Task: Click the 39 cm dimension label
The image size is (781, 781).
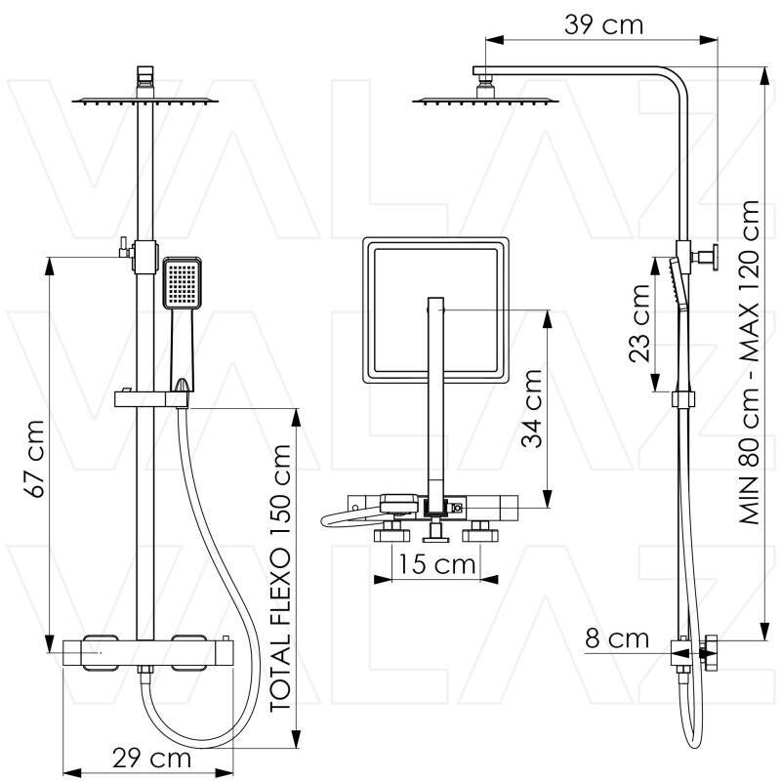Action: tap(603, 25)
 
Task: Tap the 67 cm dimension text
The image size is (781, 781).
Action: tap(36, 459)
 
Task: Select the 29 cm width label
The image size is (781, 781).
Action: tap(152, 759)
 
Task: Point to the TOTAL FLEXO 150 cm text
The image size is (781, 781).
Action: tap(279, 578)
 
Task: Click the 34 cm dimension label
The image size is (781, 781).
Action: tap(531, 409)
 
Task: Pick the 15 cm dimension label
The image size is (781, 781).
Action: tap(436, 564)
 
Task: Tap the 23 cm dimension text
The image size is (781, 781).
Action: tap(639, 323)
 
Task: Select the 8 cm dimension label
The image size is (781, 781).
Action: tap(617, 639)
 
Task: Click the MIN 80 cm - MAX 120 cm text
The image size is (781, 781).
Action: tap(750, 362)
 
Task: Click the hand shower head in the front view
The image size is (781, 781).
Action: tap(183, 283)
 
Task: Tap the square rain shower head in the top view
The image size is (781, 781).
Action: tap(435, 310)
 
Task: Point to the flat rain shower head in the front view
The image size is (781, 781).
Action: tap(145, 102)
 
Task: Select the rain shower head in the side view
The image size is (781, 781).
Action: tap(485, 102)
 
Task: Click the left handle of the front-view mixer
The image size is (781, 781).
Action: tap(101, 652)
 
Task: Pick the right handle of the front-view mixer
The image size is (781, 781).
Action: tap(188, 652)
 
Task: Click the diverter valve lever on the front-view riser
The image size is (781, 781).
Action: tap(124, 248)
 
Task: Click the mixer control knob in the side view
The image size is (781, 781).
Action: tap(709, 652)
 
